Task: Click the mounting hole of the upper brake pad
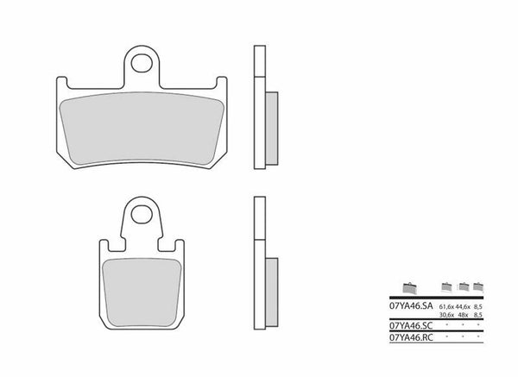(x=144, y=61)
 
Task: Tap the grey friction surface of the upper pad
(x=144, y=129)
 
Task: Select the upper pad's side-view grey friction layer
(x=271, y=126)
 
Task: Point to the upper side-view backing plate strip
(x=258, y=109)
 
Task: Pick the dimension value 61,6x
(x=448, y=306)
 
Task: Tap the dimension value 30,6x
(x=448, y=317)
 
